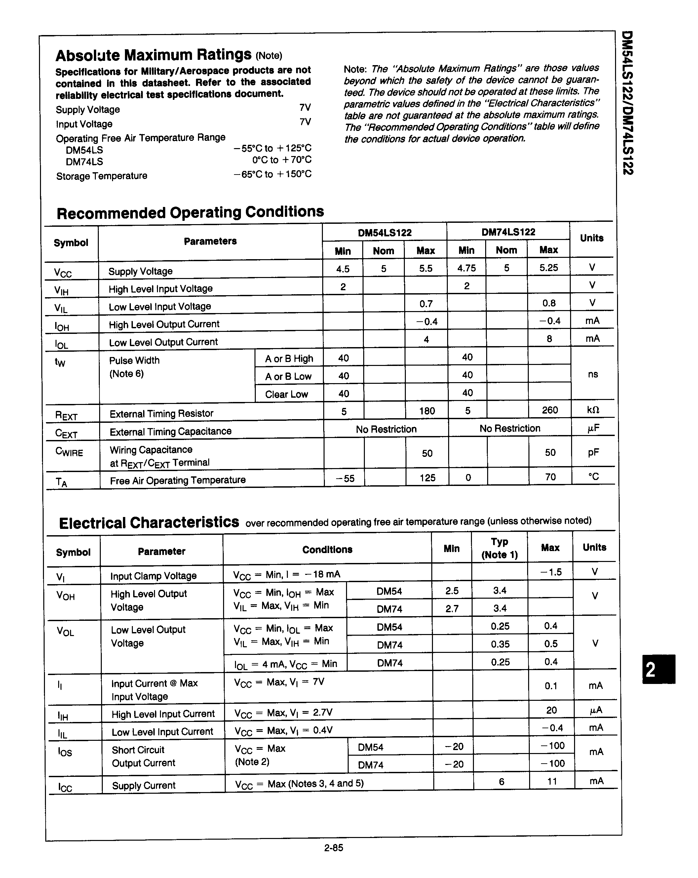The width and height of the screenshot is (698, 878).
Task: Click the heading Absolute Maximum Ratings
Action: pyautogui.click(x=154, y=55)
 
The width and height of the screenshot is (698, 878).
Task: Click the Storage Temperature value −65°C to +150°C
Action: pyautogui.click(x=272, y=174)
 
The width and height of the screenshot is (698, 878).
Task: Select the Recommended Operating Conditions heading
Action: pyautogui.click(x=190, y=213)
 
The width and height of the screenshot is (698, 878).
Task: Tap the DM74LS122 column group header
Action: pyautogui.click(x=508, y=232)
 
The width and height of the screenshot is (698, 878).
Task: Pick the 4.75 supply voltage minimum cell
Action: pyautogui.click(x=467, y=268)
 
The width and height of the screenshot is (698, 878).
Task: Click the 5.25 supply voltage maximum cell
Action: pyautogui.click(x=549, y=268)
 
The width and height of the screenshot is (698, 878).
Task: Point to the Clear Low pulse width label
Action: pyautogui.click(x=286, y=394)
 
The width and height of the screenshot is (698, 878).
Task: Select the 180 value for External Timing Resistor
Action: pyautogui.click(x=427, y=411)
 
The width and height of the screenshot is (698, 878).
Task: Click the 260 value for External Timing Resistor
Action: pyautogui.click(x=550, y=410)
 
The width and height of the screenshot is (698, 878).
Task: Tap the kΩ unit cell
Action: pyautogui.click(x=593, y=410)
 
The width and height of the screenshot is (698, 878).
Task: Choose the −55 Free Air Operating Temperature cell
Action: pyautogui.click(x=345, y=478)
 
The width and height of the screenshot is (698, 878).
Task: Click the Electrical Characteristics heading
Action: pyautogui.click(x=149, y=523)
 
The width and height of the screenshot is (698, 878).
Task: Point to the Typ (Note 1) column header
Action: pyautogui.click(x=499, y=548)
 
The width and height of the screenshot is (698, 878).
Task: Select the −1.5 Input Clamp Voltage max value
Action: pyautogui.click(x=551, y=572)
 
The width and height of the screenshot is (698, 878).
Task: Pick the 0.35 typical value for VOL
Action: pyautogui.click(x=500, y=644)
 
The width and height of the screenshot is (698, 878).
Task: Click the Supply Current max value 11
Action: pyautogui.click(x=552, y=781)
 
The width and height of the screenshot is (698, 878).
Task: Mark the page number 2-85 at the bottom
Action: pyautogui.click(x=333, y=848)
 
